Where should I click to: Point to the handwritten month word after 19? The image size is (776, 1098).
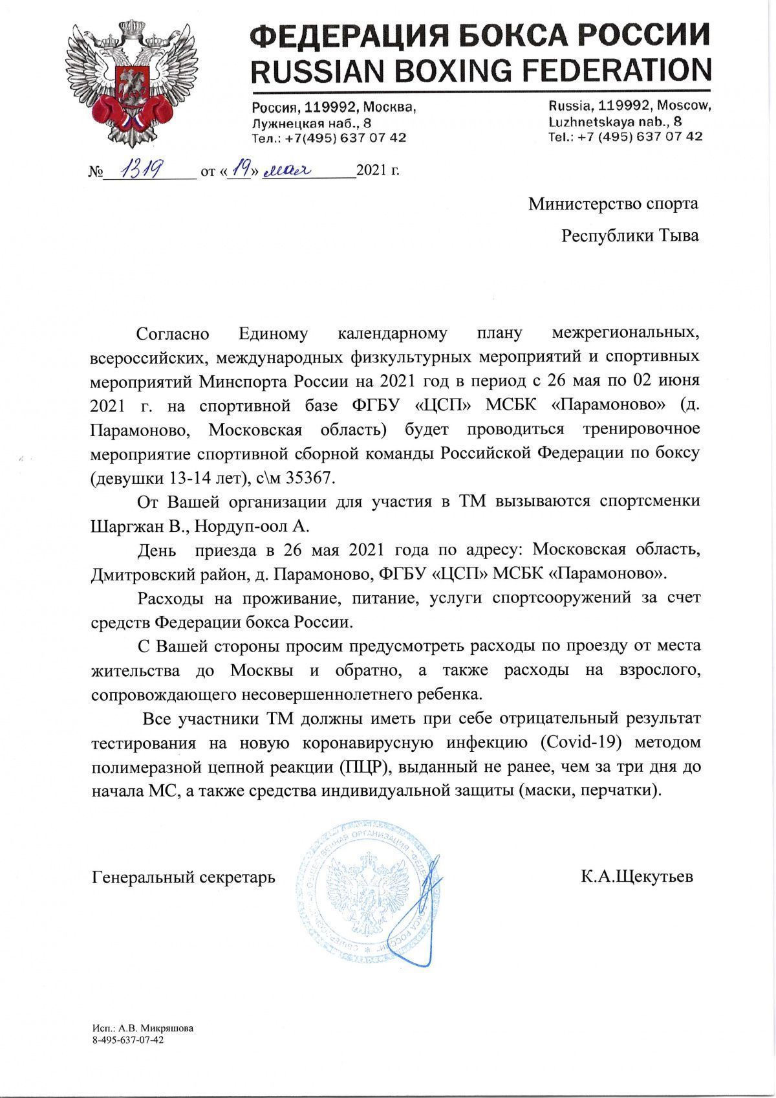tap(287, 170)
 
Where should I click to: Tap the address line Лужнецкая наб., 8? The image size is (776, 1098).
tap(312, 122)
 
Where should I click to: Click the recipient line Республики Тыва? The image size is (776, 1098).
tap(630, 236)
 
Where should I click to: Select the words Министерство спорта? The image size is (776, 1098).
tap(613, 204)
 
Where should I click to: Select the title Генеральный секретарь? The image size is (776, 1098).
tap(184, 877)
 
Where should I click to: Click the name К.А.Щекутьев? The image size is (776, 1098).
tap(637, 877)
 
